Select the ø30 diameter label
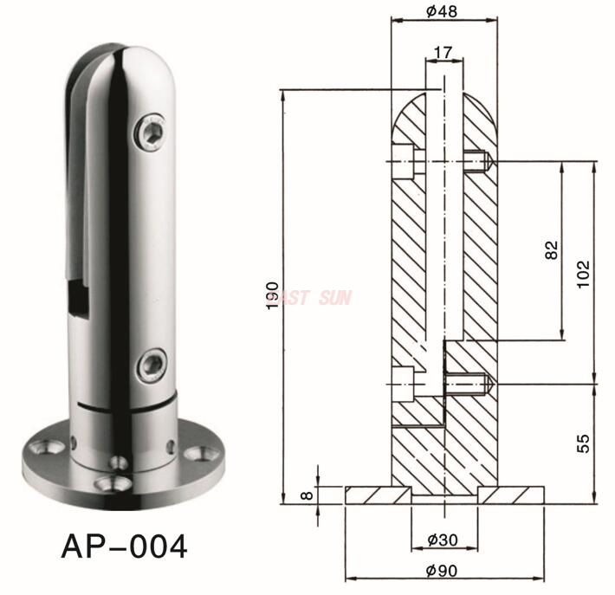443,539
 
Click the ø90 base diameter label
443,571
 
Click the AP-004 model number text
124,546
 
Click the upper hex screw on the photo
152,131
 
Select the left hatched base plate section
378,495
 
